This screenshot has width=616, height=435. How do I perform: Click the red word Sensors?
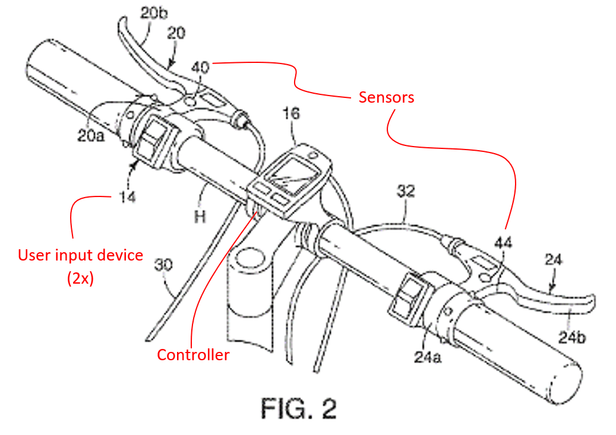[x=386, y=97]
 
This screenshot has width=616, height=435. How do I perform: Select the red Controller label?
[x=192, y=355]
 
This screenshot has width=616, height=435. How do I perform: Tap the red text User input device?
[x=81, y=255]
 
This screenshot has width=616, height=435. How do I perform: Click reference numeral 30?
[x=164, y=263]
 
